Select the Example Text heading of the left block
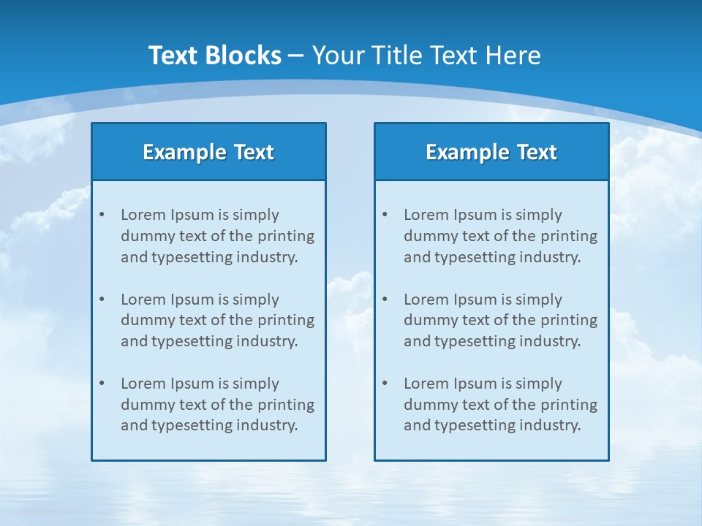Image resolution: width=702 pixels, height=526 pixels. (x=208, y=152)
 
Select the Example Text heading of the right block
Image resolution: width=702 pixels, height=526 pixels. (x=491, y=152)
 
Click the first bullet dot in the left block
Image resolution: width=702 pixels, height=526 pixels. (x=102, y=215)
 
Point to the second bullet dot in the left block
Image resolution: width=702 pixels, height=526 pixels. (x=102, y=300)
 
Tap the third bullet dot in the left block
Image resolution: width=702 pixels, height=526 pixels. (x=102, y=384)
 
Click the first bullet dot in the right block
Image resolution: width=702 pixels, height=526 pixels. (x=385, y=215)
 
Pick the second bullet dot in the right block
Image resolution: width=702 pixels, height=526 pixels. (x=385, y=300)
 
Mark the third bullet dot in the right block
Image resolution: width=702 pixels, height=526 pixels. (x=385, y=384)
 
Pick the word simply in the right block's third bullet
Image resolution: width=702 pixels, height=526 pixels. (x=538, y=384)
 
